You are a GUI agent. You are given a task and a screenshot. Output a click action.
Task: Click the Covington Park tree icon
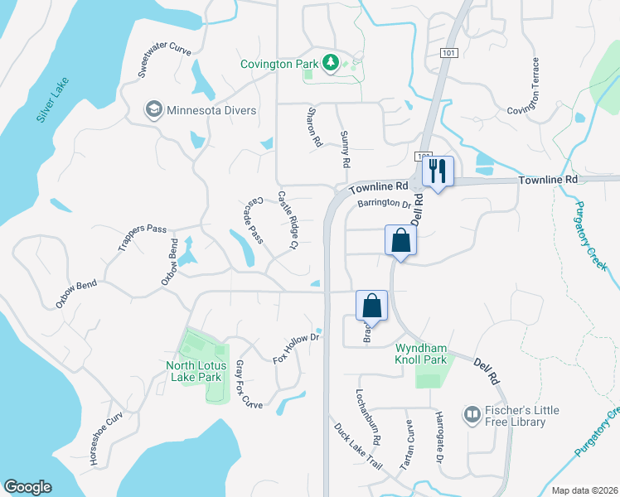[330, 62]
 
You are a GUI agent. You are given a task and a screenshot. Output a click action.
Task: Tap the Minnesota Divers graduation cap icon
[153, 110]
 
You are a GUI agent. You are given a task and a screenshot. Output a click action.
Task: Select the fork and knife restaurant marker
[437, 171]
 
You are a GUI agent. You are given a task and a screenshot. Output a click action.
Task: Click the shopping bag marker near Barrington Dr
[400, 241]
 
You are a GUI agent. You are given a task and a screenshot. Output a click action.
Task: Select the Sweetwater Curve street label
[165, 59]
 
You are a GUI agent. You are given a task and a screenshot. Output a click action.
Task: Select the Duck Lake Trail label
[358, 447]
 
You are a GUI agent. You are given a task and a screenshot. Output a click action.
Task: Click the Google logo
[27, 487]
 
